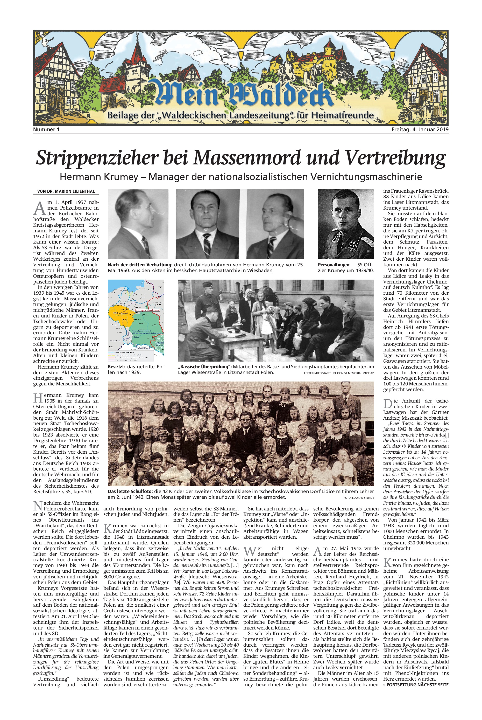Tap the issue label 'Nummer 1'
(46, 129)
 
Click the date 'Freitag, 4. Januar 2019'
(420, 129)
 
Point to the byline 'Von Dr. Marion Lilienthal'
(66, 191)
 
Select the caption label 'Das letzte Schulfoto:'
(130, 491)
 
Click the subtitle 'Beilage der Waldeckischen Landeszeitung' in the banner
(241, 116)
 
